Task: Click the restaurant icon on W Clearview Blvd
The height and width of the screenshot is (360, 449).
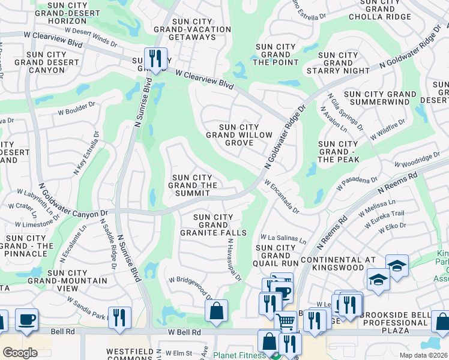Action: pos(155,58)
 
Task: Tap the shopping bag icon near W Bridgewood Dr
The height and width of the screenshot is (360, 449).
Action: pos(216,311)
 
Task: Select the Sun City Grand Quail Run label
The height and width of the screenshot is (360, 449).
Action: pos(276,255)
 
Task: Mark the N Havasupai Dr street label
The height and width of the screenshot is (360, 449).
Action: pos(234,260)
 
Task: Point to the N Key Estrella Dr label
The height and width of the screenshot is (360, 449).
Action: pos(85,153)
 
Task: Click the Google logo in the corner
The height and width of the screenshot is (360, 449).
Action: pos(20,353)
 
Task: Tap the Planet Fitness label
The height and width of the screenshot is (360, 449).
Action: pos(240,355)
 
